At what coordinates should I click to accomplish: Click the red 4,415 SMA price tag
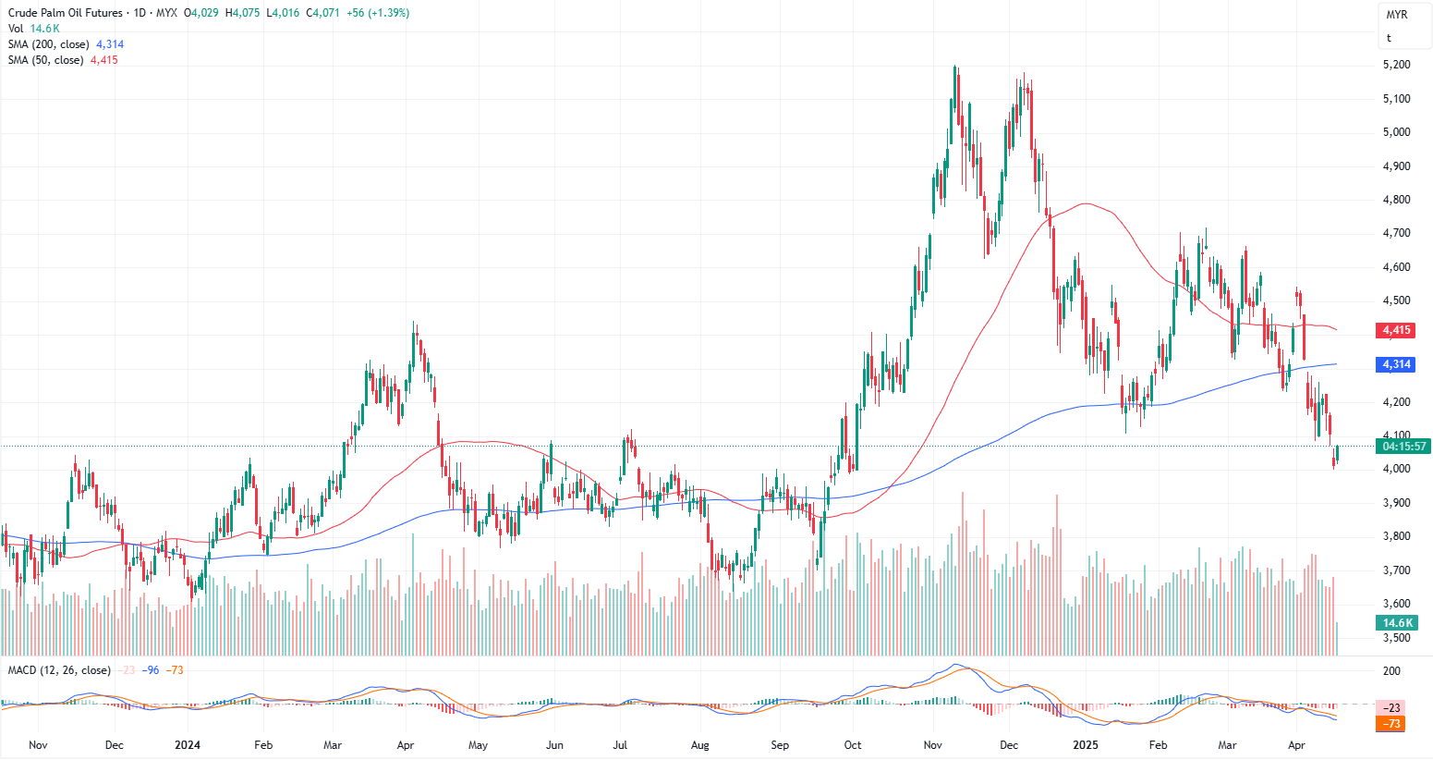tap(1395, 330)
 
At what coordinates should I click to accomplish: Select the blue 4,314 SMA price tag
tap(1395, 364)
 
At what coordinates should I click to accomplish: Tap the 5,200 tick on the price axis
tap(1396, 65)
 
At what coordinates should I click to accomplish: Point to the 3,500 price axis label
tap(1396, 638)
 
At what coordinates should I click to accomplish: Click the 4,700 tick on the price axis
tap(1396, 233)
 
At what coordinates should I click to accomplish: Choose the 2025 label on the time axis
tap(1085, 744)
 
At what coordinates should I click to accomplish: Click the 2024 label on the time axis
tap(188, 744)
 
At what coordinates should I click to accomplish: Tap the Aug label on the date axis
tap(700, 744)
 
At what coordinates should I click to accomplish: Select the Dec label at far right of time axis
tap(1009, 744)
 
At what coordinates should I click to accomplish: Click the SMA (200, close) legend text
tap(49, 44)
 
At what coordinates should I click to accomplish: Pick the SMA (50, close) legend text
tap(46, 60)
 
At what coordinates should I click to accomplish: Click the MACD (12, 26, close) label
tap(59, 670)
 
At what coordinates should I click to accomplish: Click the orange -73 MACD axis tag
tap(1391, 723)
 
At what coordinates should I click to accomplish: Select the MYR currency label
tap(1396, 15)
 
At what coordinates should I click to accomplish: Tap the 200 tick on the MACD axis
tap(1391, 671)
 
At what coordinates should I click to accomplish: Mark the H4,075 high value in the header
tap(243, 13)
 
